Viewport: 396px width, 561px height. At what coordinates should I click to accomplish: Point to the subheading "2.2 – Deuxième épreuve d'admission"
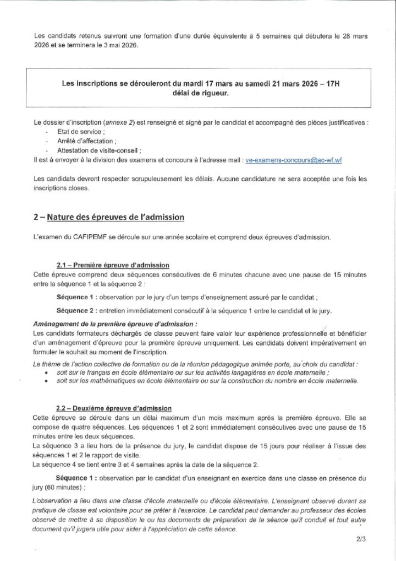(x=114, y=408)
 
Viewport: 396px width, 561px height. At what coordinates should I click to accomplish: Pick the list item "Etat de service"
(x=76, y=133)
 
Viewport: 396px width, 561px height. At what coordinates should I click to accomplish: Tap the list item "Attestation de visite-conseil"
(x=93, y=150)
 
